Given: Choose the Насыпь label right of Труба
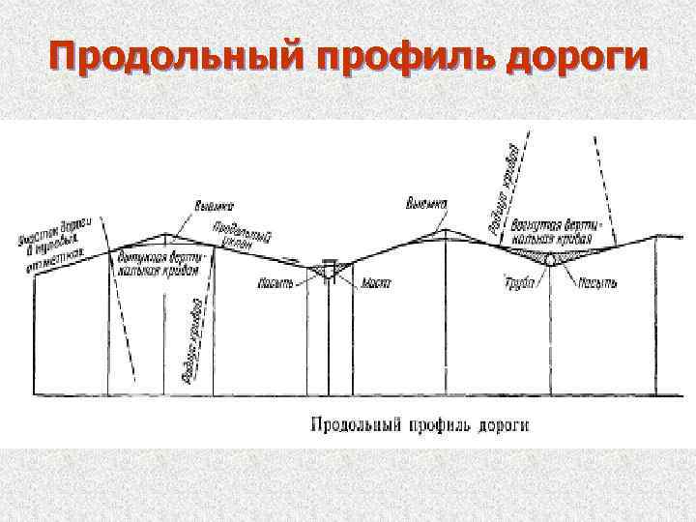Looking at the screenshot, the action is click(598, 284).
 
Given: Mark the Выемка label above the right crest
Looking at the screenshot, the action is click(426, 204).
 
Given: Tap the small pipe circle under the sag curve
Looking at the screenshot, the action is click(549, 260).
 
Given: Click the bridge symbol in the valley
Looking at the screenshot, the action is click(327, 271).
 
